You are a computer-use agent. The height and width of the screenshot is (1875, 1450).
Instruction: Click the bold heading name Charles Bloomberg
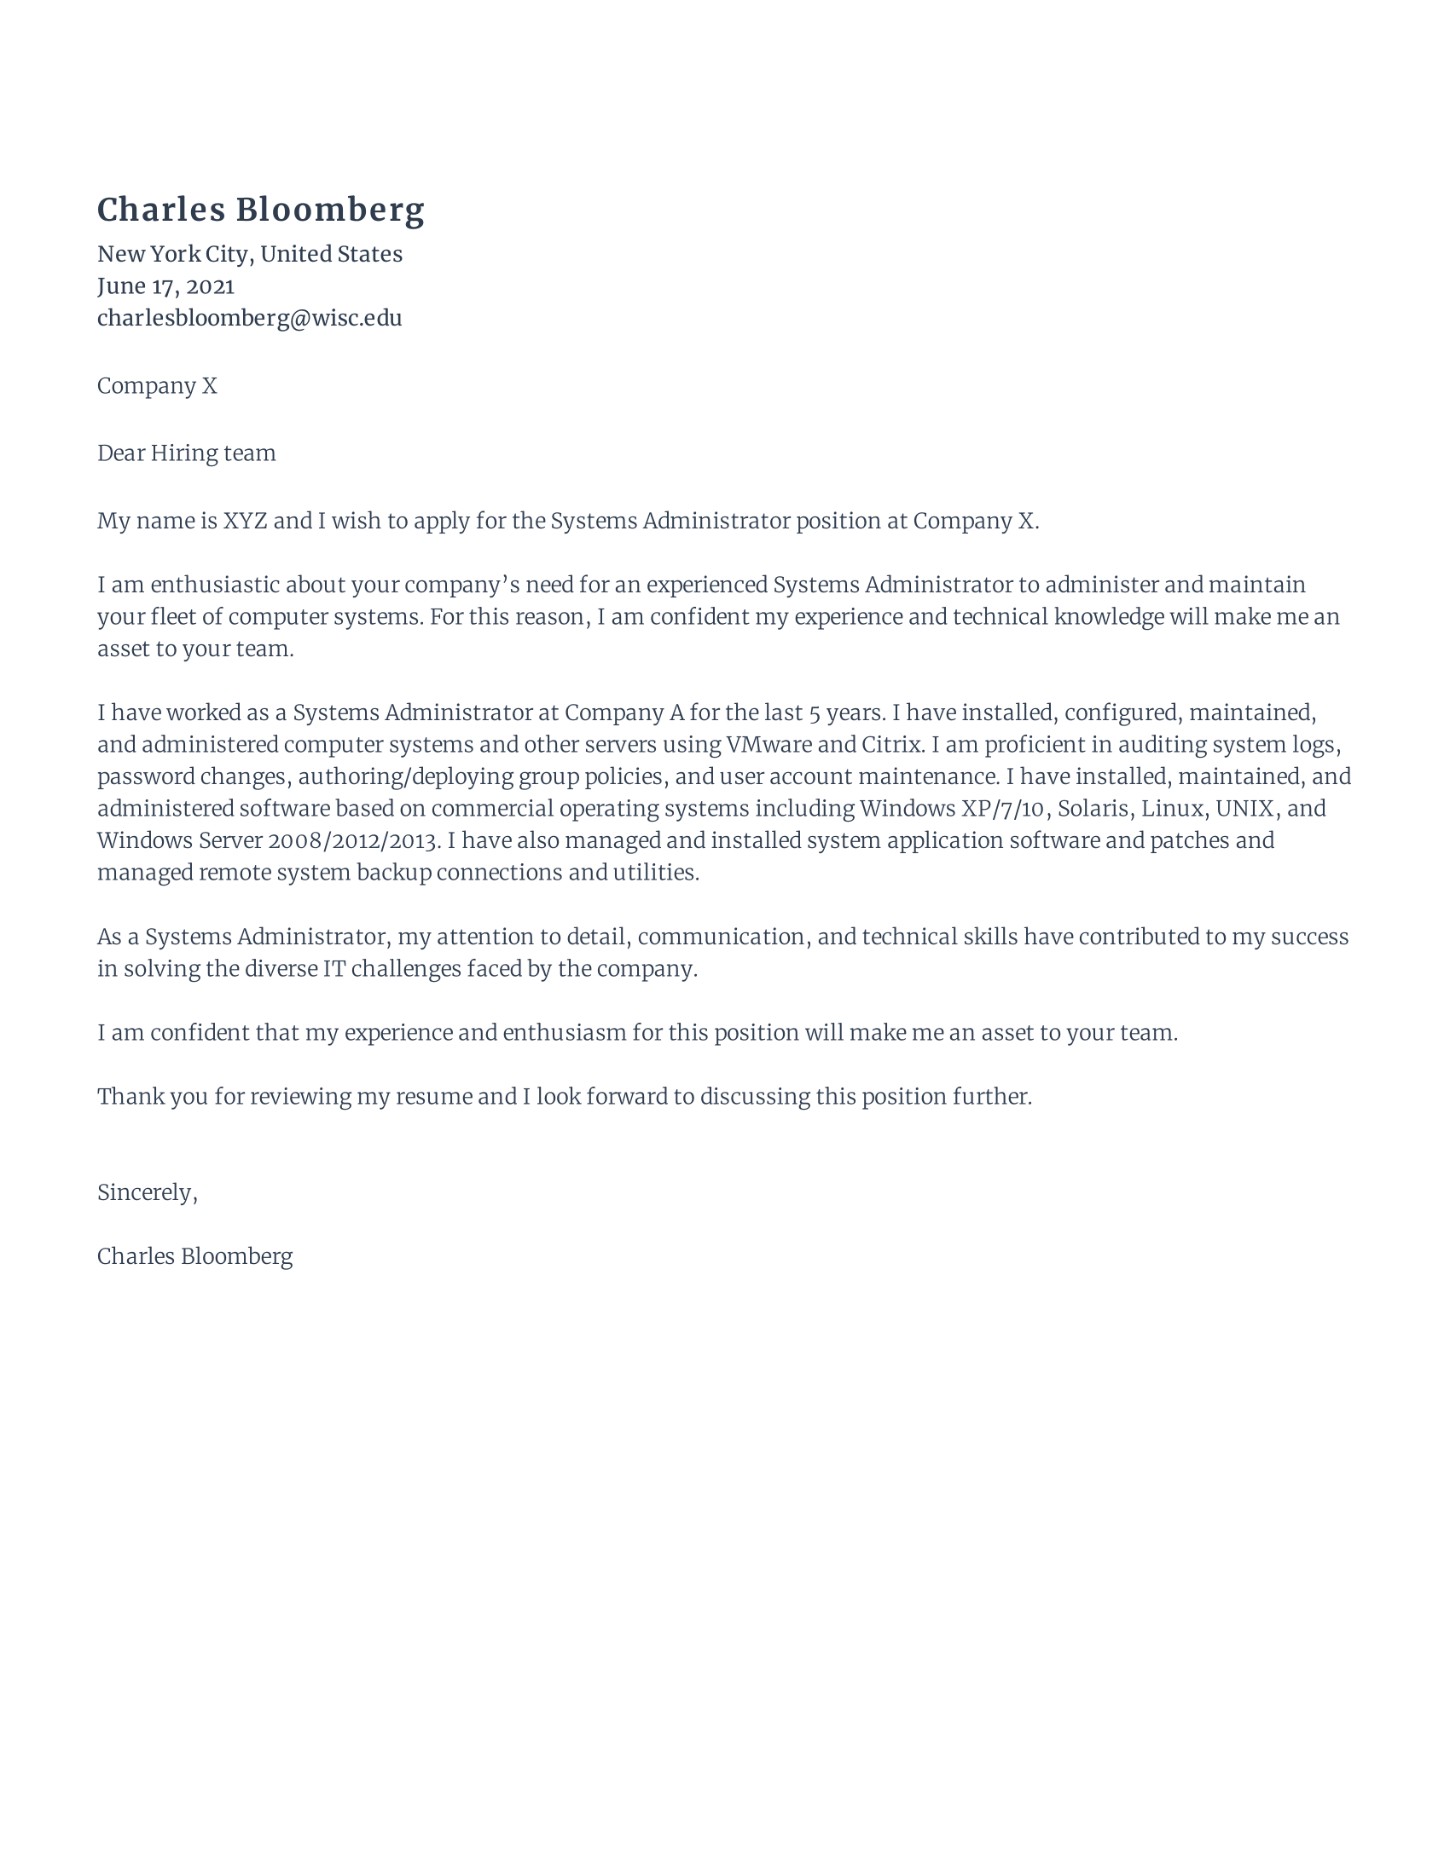260,211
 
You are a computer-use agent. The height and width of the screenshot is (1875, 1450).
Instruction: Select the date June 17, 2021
165,286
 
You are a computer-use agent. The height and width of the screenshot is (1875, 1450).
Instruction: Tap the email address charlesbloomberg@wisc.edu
249,318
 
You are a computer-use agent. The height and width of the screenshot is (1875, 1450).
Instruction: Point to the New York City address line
249,254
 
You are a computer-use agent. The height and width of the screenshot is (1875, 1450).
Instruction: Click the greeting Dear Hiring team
187,453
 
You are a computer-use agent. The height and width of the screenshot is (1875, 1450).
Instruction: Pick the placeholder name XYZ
245,521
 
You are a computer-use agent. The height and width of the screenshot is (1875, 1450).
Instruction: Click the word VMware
768,744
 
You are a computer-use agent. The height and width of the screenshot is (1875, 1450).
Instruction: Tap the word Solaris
1092,808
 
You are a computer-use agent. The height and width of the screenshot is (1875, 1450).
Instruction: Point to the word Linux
1171,808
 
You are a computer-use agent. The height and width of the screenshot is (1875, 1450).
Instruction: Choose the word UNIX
1243,808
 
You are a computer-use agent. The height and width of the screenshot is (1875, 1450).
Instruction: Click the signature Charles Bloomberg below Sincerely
195,1256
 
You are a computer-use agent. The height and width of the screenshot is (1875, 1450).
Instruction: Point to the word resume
433,1096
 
